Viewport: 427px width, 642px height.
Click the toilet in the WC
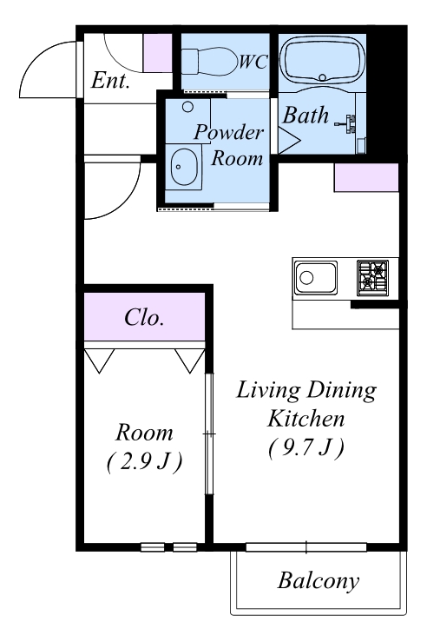[x=209, y=62]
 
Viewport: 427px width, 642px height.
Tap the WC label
[x=253, y=62]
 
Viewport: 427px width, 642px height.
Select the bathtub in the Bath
[x=322, y=60]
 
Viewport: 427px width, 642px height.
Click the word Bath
[x=305, y=115]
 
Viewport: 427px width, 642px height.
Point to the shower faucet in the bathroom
[x=348, y=123]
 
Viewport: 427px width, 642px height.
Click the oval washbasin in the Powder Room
[x=184, y=167]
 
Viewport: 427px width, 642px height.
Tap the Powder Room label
[x=229, y=144]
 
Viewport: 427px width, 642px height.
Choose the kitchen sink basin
[x=316, y=278]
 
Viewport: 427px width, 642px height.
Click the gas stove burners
[x=372, y=278]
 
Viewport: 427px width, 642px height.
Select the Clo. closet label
[x=144, y=317]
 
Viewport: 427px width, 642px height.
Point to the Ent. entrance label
[x=110, y=80]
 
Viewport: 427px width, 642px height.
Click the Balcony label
[x=319, y=581]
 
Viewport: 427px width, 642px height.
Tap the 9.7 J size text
[x=306, y=448]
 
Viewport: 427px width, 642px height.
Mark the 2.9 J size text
[x=144, y=462]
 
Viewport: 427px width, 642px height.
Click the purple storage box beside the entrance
[x=157, y=53]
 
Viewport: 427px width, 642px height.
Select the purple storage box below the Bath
[x=366, y=177]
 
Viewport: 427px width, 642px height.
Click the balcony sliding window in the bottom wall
[x=306, y=547]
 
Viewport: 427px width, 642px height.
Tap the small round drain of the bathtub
[x=322, y=77]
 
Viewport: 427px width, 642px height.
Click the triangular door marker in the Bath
[x=289, y=140]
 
